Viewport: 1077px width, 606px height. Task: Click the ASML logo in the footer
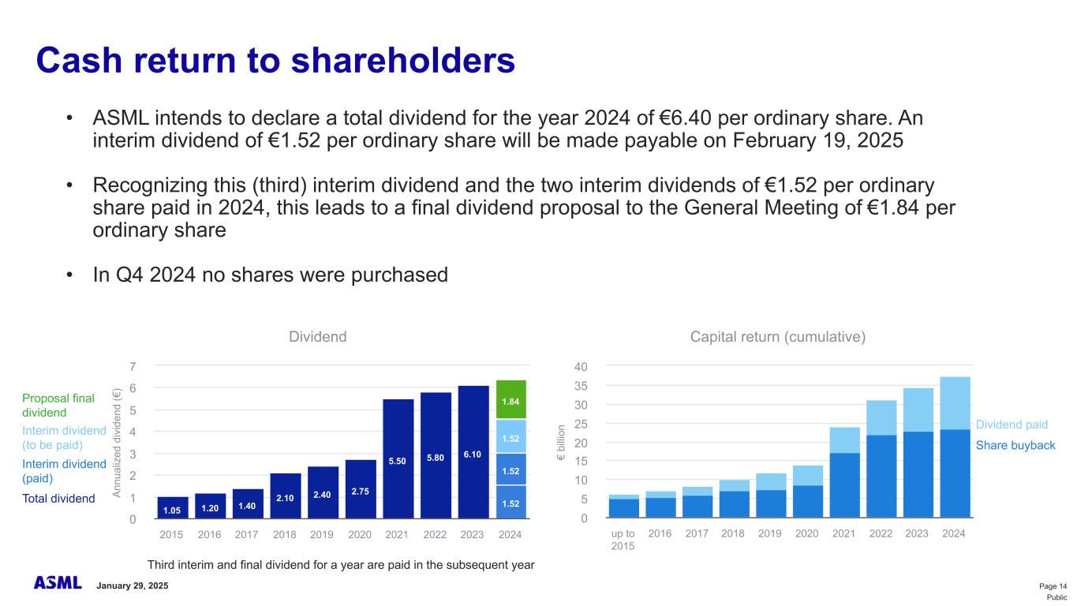click(x=58, y=583)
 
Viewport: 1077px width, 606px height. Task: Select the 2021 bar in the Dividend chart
click(x=398, y=458)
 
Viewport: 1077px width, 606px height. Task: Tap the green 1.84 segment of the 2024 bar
click(x=510, y=400)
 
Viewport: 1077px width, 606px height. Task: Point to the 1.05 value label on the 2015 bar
click(x=171, y=510)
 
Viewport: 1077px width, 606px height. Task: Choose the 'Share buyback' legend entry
click(x=1015, y=446)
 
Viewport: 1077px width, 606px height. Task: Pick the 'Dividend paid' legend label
click(x=1012, y=425)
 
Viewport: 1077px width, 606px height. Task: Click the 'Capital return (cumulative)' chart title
click(x=778, y=337)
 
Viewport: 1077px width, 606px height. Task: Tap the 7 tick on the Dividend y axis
click(x=133, y=367)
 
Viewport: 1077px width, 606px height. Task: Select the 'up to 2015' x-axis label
click(x=623, y=541)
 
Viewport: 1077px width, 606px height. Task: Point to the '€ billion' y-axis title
click(x=561, y=444)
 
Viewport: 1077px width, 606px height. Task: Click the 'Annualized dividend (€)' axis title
click(x=117, y=443)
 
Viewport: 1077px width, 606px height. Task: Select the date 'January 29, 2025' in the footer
click(x=132, y=586)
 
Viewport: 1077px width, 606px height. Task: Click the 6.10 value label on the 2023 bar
click(x=473, y=454)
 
